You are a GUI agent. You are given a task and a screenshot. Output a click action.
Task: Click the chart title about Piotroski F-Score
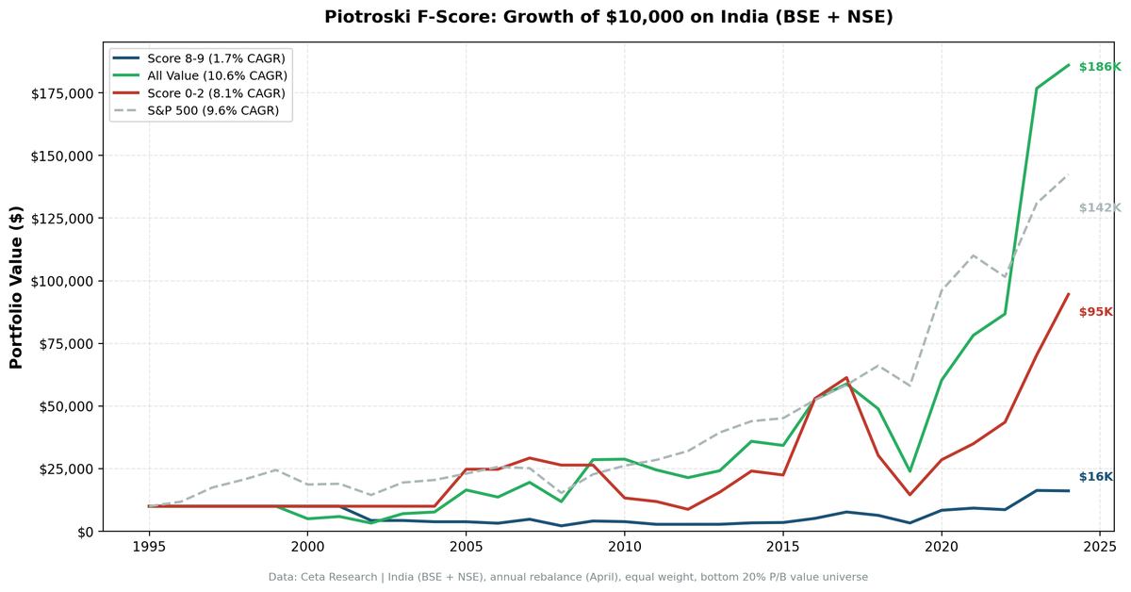pyautogui.click(x=608, y=17)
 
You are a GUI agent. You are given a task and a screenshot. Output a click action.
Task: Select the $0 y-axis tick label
pyautogui.click(x=83, y=532)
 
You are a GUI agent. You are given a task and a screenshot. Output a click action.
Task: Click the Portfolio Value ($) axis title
pyautogui.click(x=16, y=287)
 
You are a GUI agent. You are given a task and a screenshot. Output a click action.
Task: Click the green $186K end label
pyautogui.click(x=1099, y=67)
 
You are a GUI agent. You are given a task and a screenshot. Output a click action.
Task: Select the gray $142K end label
pyautogui.click(x=1099, y=208)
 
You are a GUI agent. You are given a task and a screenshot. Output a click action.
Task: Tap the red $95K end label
pyautogui.click(x=1095, y=312)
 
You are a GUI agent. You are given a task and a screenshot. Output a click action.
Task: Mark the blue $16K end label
pyautogui.click(x=1095, y=477)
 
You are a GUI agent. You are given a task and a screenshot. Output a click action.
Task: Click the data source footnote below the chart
pyautogui.click(x=567, y=577)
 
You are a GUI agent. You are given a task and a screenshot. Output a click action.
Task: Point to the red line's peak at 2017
pyautogui.click(x=846, y=377)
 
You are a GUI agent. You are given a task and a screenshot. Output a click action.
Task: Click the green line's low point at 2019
pyautogui.click(x=910, y=471)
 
